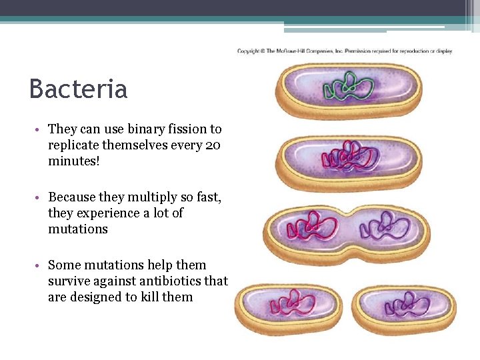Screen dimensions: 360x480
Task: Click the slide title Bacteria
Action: click(78, 89)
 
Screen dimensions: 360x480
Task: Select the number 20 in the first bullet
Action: click(214, 145)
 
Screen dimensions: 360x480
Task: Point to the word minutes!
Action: click(73, 161)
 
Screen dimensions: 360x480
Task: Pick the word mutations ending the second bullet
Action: click(77, 229)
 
